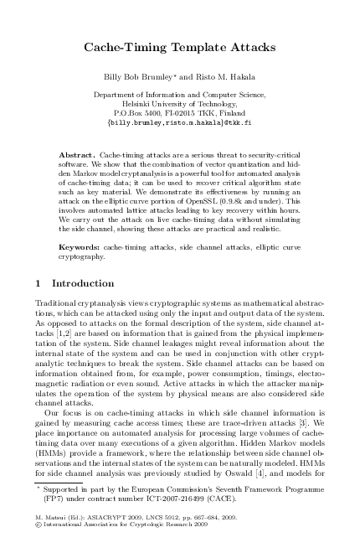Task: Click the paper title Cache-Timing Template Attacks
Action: [179, 50]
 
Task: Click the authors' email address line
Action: [179, 121]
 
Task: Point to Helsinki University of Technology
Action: [179, 102]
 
